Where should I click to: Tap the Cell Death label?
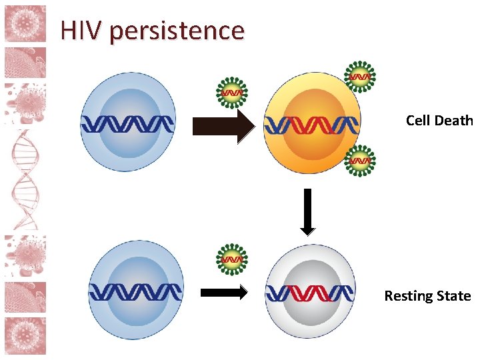coord(439,121)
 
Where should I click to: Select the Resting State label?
coord(427,296)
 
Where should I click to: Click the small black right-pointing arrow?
coord(224,292)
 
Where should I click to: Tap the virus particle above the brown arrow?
coord(232,92)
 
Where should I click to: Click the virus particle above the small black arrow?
coord(232,259)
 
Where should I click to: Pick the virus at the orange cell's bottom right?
coord(361,161)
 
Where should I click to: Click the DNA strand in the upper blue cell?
coord(127,123)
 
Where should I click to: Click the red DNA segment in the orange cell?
coord(311,123)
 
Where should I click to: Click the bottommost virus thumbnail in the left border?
coord(25,335)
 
